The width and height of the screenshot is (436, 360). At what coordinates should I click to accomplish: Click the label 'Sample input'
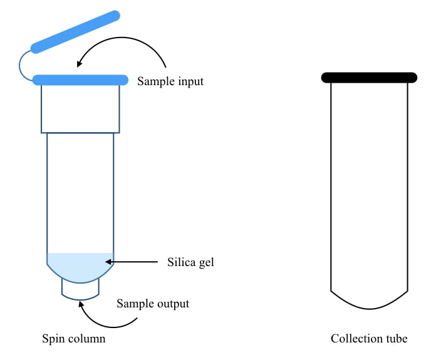coord(170,81)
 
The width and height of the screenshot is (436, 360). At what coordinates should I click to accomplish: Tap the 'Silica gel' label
coord(191,262)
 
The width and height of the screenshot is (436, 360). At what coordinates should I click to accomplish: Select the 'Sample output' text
coord(153,304)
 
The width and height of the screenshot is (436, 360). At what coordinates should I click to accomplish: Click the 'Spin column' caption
coord(73,339)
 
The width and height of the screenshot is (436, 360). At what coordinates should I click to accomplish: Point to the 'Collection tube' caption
coord(369,339)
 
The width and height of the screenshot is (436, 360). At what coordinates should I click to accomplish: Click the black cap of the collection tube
coord(369,78)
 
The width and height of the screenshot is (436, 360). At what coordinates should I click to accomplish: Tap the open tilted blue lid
coord(75,31)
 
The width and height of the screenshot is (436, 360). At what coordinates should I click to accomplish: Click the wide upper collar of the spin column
coord(80,108)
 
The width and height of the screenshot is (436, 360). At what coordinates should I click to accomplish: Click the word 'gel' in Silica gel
coord(205,262)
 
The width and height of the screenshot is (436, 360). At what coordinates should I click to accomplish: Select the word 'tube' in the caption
coord(395,339)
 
